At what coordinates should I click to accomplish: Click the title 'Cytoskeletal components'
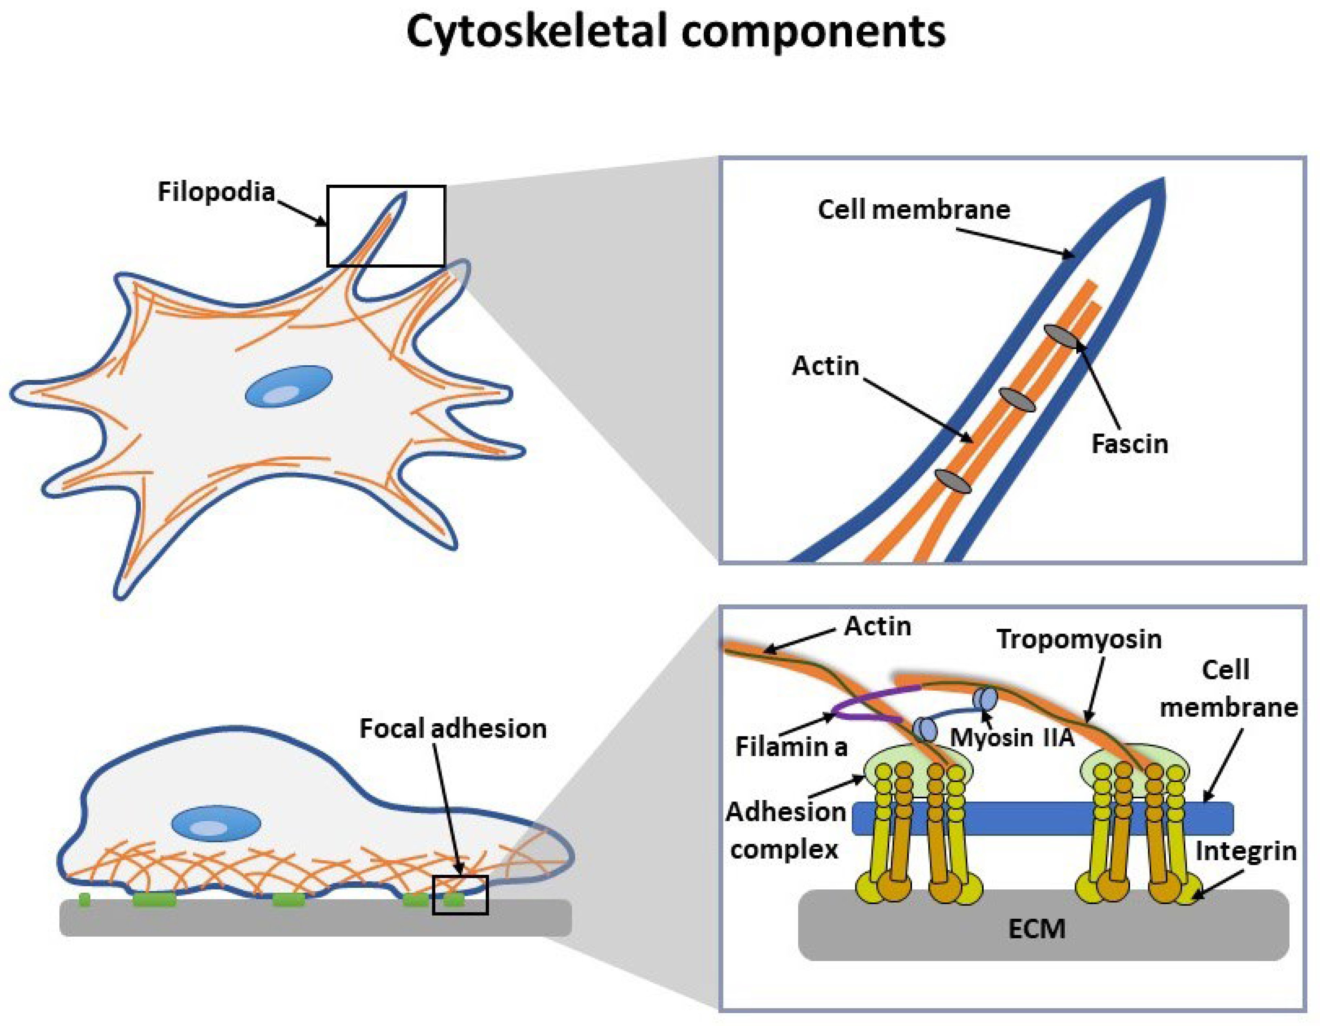pos(676,31)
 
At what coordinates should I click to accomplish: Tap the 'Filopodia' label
pos(216,192)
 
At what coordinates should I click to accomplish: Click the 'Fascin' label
pos(1129,444)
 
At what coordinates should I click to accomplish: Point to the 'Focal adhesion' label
pos(453,729)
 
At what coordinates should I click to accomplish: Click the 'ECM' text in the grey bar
pos(1036,929)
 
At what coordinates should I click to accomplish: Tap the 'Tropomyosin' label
pos(1079,639)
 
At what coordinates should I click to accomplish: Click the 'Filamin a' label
pos(791,748)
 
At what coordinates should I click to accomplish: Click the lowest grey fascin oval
pos(953,480)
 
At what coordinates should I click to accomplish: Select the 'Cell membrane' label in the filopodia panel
pos(913,210)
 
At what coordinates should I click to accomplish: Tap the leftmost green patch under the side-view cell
pos(85,900)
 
